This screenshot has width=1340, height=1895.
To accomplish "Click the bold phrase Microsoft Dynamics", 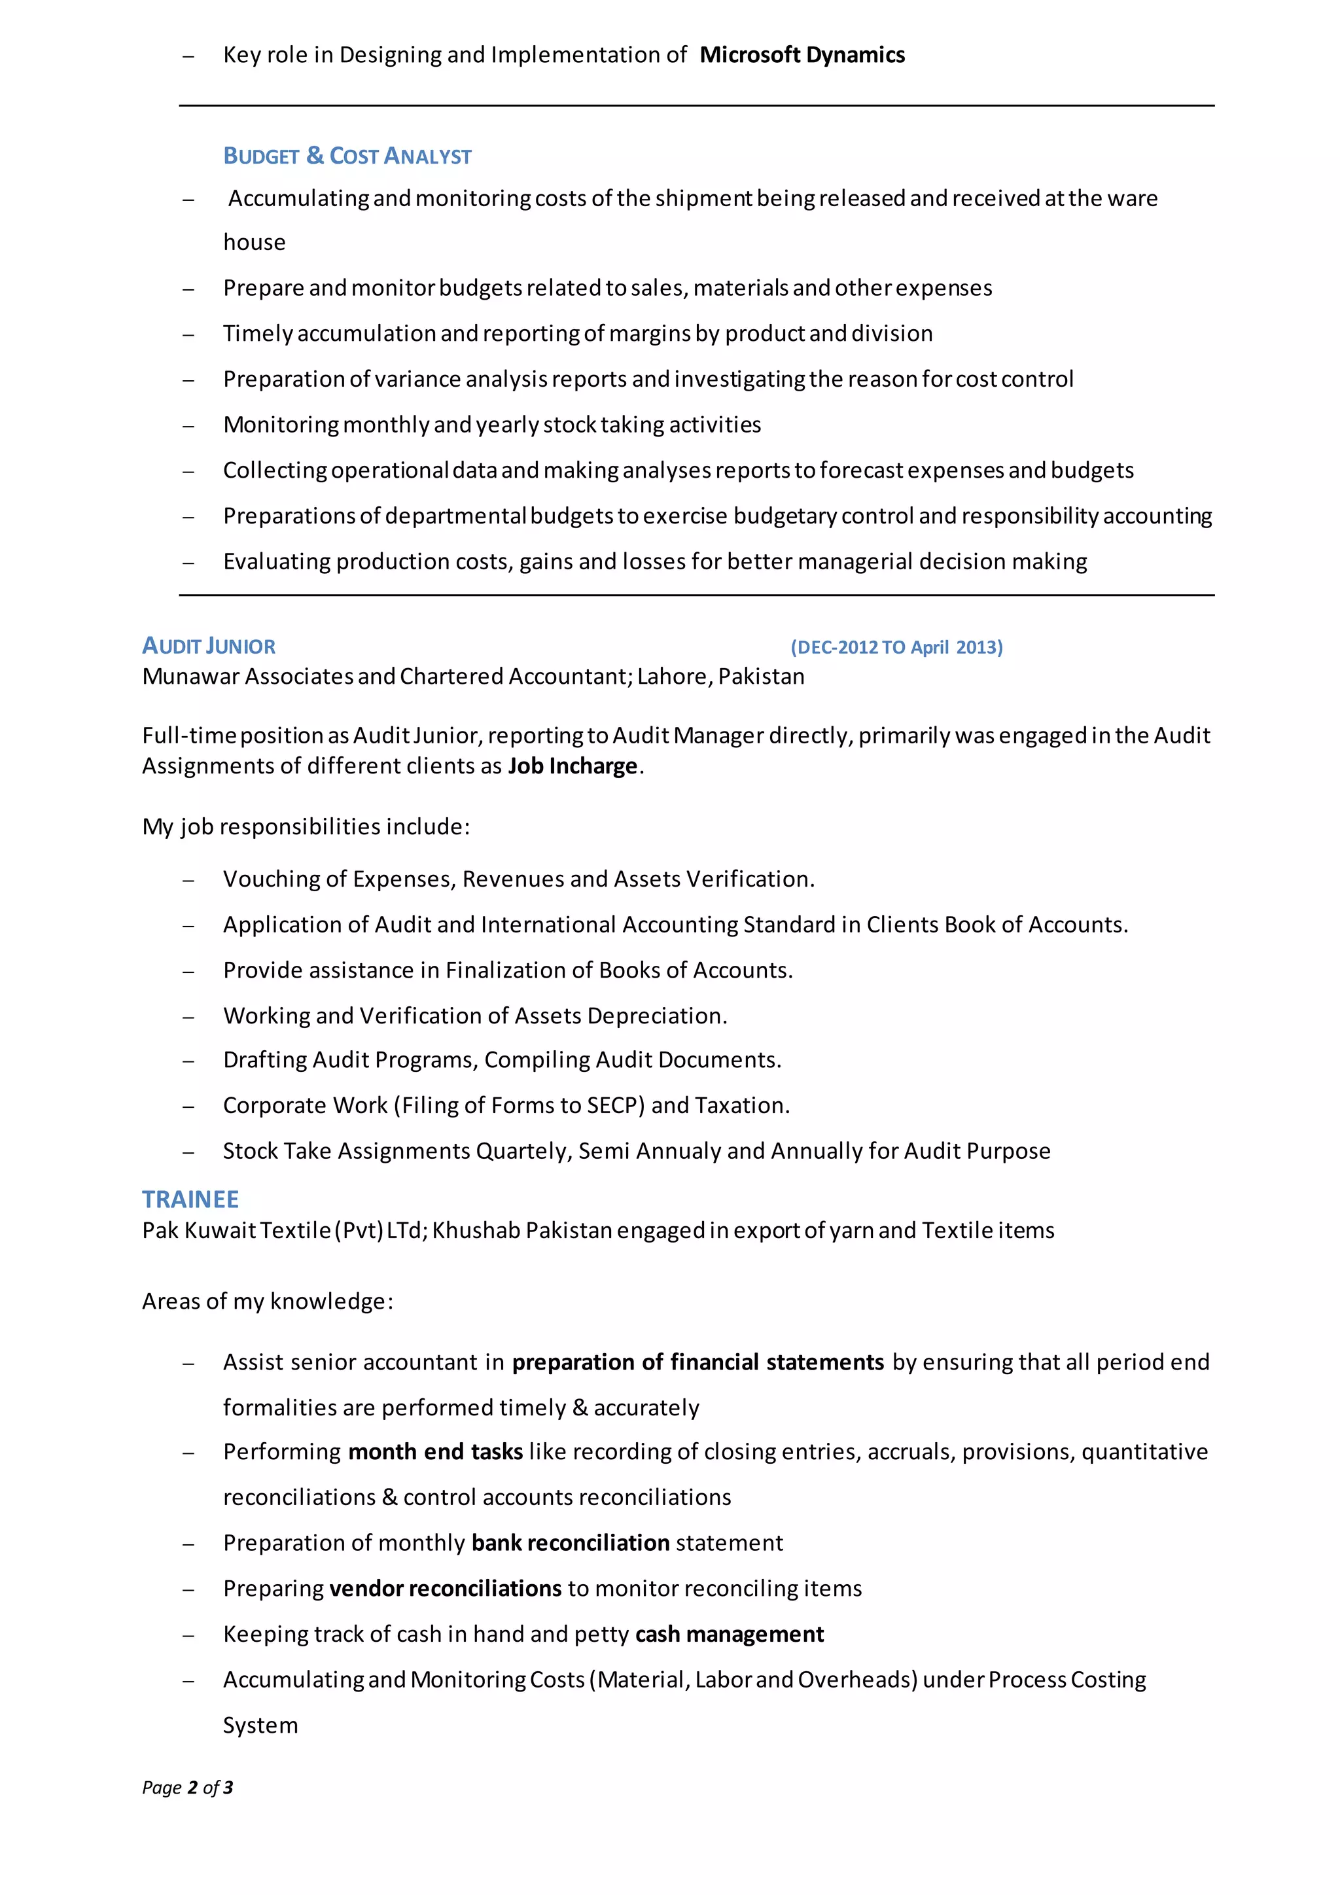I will [802, 56].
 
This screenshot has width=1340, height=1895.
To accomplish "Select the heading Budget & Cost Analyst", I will [347, 156].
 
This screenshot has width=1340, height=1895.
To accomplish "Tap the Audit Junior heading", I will [209, 646].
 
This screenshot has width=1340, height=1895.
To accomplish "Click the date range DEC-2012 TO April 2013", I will [896, 647].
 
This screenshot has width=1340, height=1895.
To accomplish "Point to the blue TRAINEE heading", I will [190, 1199].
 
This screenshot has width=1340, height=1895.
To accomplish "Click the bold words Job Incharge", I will [572, 766].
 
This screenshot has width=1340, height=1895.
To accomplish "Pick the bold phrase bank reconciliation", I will [570, 1542].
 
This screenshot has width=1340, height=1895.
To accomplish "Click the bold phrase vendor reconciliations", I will [446, 1588].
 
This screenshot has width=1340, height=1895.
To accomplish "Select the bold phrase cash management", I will [730, 1634].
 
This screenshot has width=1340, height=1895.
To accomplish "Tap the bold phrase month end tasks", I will [436, 1452].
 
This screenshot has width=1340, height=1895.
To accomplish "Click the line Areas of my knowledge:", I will [268, 1302].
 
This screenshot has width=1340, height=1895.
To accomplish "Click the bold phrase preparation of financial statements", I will [698, 1362].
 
